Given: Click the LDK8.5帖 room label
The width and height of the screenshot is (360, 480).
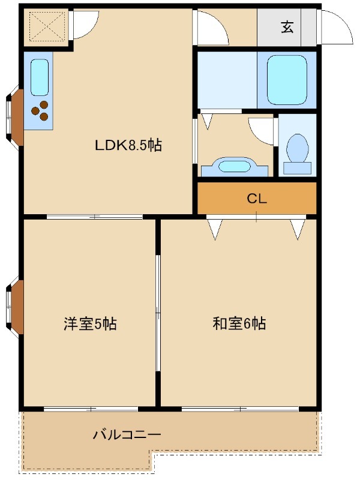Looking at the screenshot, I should coord(128,145).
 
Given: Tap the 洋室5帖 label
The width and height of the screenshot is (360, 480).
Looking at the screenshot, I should coord(90,325).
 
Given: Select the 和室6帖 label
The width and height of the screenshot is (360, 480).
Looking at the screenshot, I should coord(239,325).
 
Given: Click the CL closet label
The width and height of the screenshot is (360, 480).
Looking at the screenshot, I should coord(256,199).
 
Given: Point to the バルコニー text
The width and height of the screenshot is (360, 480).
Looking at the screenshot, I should coord(127,434).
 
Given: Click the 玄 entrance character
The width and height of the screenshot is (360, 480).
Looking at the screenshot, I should coord(287,27).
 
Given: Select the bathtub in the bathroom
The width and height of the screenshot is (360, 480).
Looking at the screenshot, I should coord(287,80).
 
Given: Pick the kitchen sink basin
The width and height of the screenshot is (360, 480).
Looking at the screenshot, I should coord(39,77).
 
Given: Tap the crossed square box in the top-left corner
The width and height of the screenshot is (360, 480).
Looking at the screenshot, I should coord(46,26).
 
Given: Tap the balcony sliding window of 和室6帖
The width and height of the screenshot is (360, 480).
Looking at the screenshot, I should coord(240,409).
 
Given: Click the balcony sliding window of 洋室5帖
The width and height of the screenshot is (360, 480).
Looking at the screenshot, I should coord(89,409).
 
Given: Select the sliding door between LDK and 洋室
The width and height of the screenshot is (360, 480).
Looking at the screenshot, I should coord(95,217).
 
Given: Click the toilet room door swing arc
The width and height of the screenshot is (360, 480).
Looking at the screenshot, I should coord(262,128).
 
